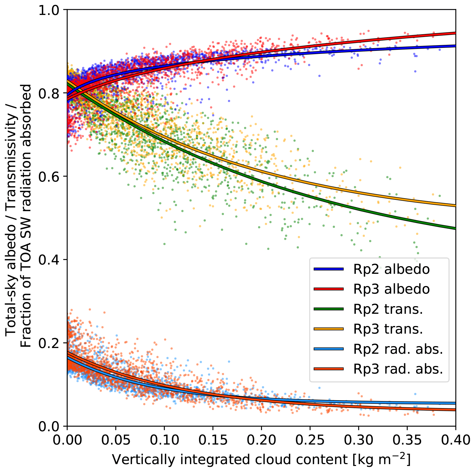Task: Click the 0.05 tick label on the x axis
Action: point(116,440)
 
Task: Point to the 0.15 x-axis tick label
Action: point(213,440)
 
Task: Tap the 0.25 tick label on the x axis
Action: point(310,440)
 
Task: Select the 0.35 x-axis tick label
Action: point(407,440)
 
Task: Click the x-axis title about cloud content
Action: point(261,459)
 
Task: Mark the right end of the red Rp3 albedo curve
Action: point(455,33)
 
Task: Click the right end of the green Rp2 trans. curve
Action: point(455,228)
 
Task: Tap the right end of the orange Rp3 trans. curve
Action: point(455,206)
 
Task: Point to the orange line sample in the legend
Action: point(328,329)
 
